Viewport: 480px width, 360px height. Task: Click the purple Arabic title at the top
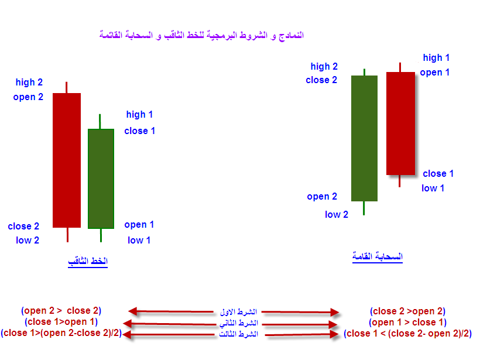click(201, 35)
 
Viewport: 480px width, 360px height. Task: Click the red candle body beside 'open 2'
click(67, 160)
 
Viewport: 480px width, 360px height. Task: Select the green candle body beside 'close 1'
click(101, 179)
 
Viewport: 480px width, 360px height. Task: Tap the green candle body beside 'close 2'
click(364, 138)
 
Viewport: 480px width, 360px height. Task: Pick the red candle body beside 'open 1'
click(401, 124)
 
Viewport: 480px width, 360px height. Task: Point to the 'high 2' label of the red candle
click(29, 83)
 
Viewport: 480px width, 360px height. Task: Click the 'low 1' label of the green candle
click(139, 240)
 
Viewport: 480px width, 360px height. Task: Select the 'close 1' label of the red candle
click(438, 174)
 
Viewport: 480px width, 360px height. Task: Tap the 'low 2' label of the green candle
click(337, 214)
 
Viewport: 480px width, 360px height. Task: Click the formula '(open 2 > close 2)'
click(61, 311)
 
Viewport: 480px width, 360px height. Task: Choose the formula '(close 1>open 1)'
click(61, 322)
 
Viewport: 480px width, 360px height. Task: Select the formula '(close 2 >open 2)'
click(408, 311)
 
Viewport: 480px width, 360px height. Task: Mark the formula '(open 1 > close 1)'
click(408, 323)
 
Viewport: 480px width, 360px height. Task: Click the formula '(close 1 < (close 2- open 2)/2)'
click(408, 334)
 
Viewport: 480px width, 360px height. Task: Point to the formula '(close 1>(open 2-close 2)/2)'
click(61, 332)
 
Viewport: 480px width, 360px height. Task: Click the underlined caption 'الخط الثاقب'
click(88, 262)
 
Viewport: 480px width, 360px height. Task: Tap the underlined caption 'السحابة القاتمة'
click(378, 256)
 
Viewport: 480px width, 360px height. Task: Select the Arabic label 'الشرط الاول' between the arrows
click(238, 312)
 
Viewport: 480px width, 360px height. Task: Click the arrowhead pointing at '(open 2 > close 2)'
click(133, 311)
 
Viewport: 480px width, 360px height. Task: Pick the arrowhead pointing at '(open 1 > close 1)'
click(332, 324)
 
